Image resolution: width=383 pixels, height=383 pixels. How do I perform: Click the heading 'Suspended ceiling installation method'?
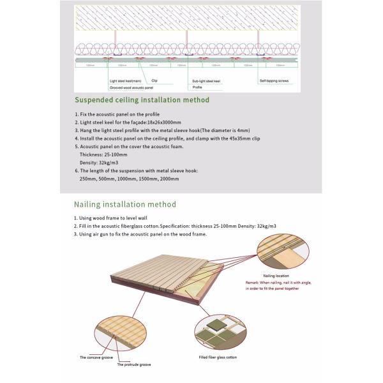(x=142, y=100)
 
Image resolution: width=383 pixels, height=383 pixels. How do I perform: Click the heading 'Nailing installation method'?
(x=124, y=205)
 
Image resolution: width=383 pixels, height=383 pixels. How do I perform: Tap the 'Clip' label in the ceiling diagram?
(x=154, y=81)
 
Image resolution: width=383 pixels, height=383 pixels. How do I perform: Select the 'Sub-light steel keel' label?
(x=207, y=81)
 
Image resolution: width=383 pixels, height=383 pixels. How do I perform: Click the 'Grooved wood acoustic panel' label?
(x=129, y=87)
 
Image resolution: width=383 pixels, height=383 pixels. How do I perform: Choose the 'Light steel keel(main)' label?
(x=124, y=81)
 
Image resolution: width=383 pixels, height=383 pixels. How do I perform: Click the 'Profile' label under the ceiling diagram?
(x=197, y=87)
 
